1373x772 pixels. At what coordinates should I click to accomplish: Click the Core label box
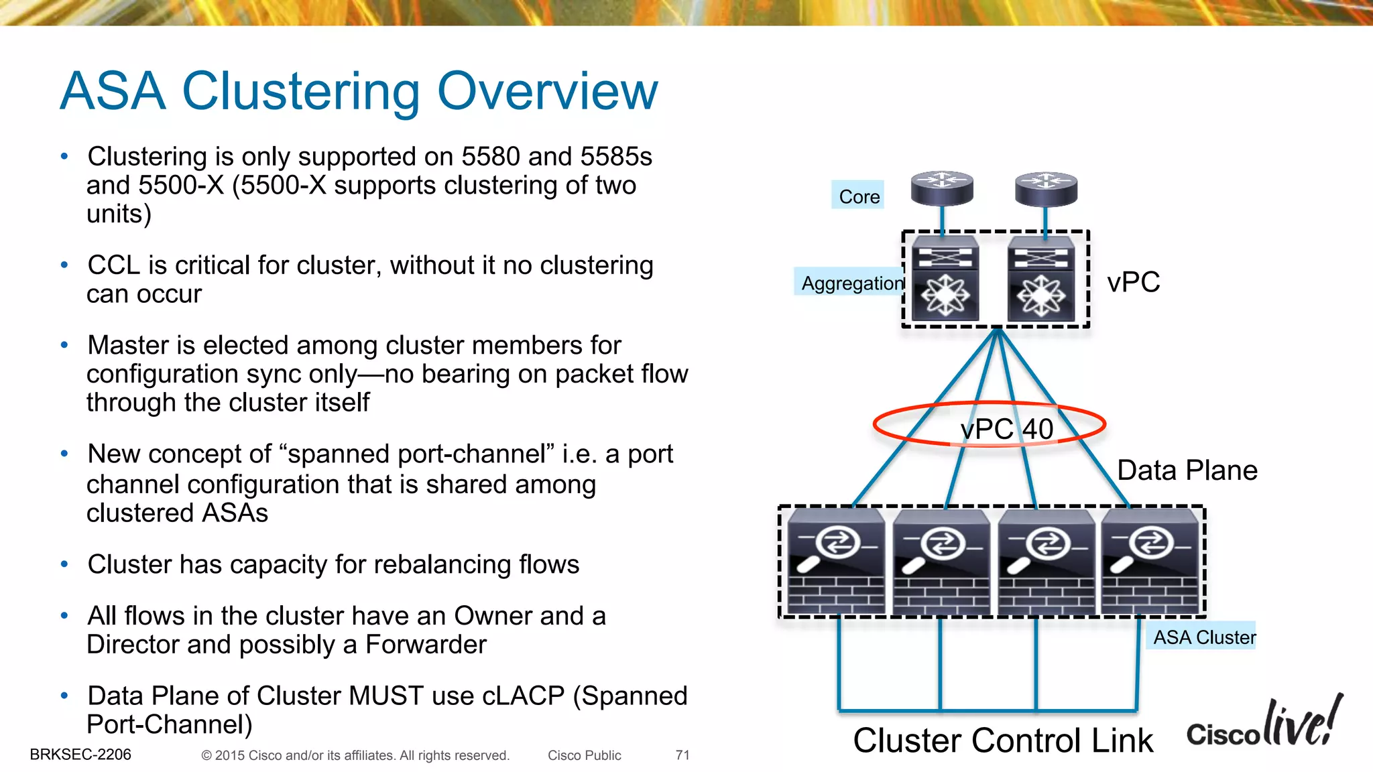[858, 196]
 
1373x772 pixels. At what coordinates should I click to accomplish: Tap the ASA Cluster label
[1203, 637]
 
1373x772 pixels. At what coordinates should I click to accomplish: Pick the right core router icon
[1046, 188]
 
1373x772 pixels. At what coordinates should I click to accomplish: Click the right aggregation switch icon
[1041, 279]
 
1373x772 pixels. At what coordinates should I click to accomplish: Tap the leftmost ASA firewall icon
[835, 562]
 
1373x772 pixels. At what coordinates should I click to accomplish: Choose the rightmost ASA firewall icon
[1150, 562]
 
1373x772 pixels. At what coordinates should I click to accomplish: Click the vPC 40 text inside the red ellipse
[1006, 429]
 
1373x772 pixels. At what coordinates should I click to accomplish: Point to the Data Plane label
[1187, 470]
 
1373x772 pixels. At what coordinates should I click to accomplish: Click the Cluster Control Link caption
[1002, 741]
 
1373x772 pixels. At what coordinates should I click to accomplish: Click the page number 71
[682, 755]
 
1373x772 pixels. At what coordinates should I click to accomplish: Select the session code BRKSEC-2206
[80, 755]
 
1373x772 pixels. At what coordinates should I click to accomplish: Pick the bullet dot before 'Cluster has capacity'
[64, 564]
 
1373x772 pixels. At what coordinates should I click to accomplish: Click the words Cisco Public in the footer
[584, 755]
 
